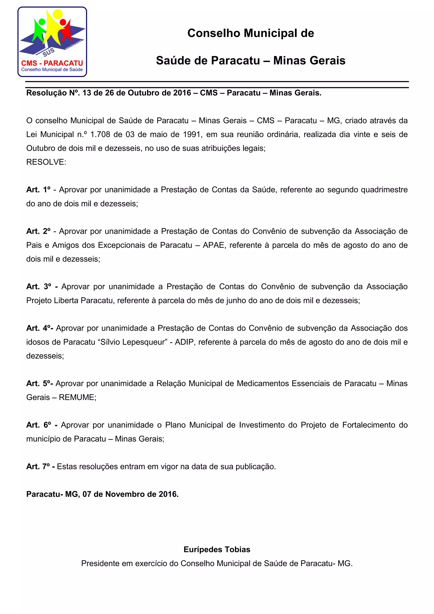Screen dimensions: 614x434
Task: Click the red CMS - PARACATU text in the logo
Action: point(52,63)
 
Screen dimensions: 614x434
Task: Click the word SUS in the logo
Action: point(49,53)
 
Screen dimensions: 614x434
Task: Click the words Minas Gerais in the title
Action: point(309,60)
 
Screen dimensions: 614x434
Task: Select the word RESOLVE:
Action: point(46,162)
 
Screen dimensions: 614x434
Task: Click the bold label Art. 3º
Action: point(39,286)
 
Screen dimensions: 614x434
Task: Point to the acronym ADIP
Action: point(184,342)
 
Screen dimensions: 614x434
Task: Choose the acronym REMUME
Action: point(77,397)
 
